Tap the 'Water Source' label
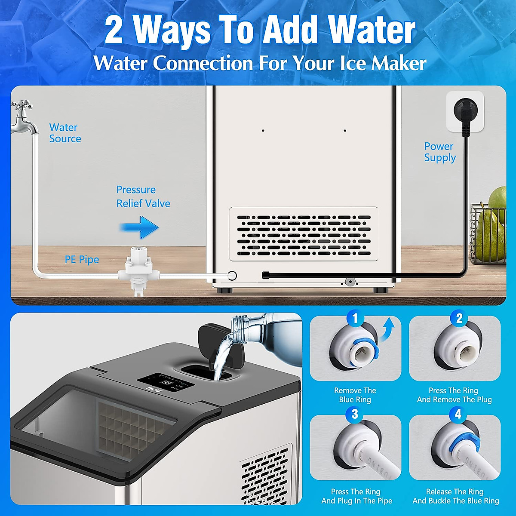click(65, 133)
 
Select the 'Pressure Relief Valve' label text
click(143, 197)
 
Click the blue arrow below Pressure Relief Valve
click(139, 227)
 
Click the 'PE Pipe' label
click(82, 260)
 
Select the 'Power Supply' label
click(439, 152)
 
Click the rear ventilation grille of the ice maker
click(304, 234)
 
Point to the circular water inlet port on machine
click(232, 276)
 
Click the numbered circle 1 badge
click(355, 319)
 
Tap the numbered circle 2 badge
click(459, 319)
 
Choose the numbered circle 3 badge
click(355, 414)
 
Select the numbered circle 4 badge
click(458, 414)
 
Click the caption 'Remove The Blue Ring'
click(355, 395)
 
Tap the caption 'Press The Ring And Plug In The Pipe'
click(356, 496)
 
